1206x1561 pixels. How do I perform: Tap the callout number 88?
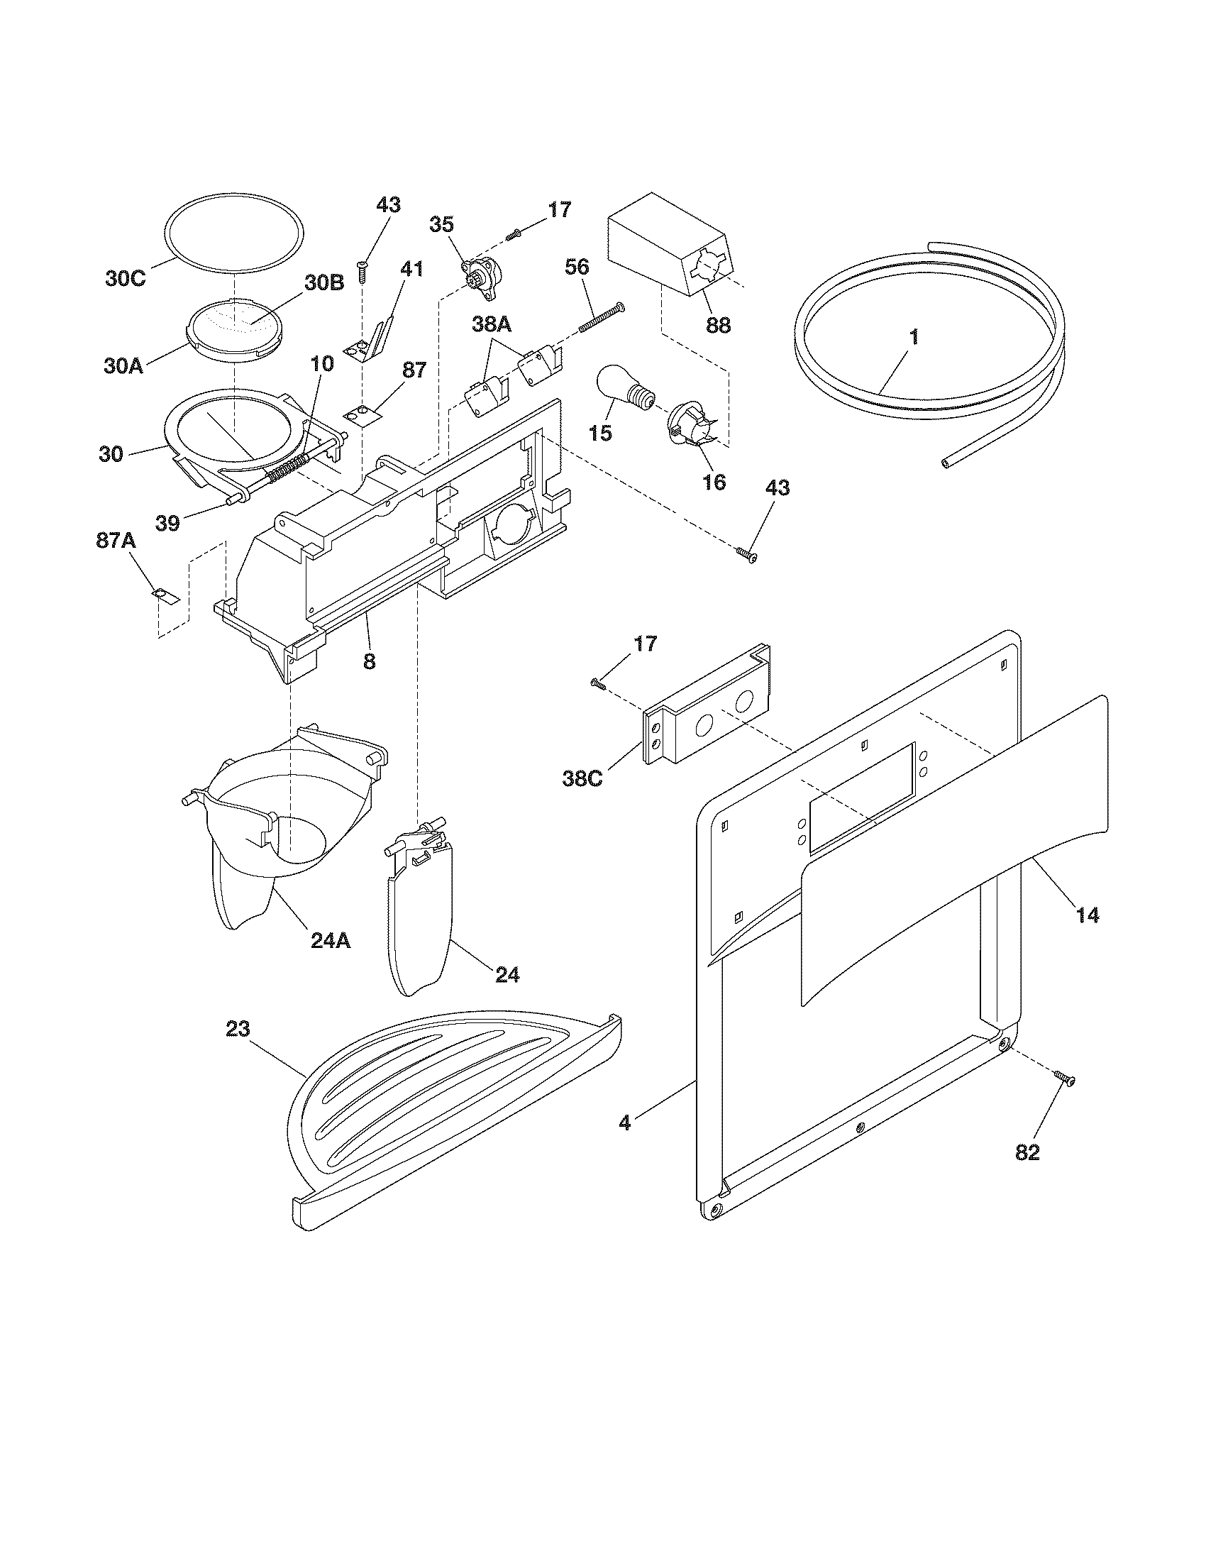(x=718, y=324)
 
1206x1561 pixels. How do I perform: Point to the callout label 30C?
(x=126, y=279)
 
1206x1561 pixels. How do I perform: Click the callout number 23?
(x=238, y=1029)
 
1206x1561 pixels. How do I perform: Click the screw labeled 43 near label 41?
(x=363, y=272)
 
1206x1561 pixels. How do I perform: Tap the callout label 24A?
(x=331, y=941)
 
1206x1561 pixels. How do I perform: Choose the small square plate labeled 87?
(x=363, y=414)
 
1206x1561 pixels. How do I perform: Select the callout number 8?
(x=369, y=661)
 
